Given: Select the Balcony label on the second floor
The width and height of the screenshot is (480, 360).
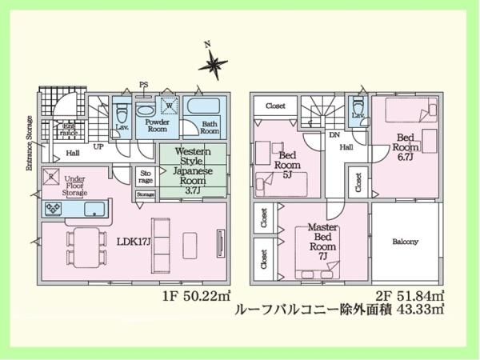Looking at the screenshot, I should [406, 242].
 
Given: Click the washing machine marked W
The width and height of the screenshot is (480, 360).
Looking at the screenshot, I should [170, 106].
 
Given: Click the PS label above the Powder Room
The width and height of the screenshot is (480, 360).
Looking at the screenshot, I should [144, 84].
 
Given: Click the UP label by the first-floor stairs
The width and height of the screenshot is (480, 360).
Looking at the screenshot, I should [98, 148].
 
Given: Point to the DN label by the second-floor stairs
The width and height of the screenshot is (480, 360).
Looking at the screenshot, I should [333, 136].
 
